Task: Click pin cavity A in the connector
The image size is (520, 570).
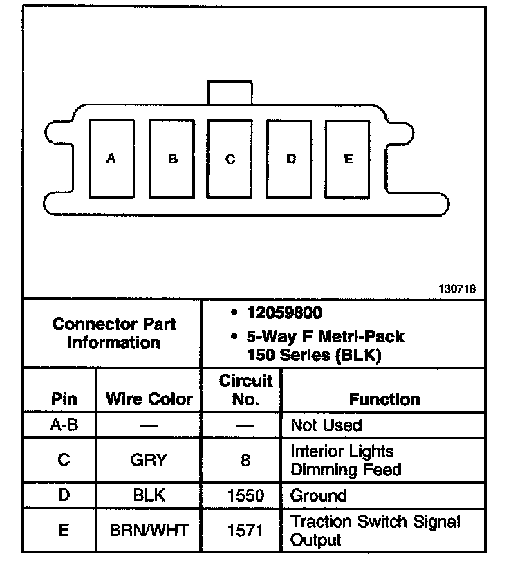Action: click(x=111, y=158)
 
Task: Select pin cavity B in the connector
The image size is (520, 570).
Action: click(x=173, y=158)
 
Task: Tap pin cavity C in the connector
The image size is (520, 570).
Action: click(x=230, y=158)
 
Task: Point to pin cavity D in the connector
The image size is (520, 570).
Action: click(x=291, y=158)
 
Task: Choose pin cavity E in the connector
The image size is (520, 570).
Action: click(x=349, y=158)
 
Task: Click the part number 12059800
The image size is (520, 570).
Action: click(x=284, y=313)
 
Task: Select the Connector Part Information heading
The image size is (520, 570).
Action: click(x=114, y=333)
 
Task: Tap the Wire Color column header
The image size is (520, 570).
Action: click(x=149, y=399)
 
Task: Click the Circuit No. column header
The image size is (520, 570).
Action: click(x=245, y=389)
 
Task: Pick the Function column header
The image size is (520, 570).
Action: click(x=384, y=399)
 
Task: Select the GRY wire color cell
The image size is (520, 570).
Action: click(x=149, y=460)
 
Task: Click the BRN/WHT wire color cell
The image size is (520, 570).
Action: click(x=149, y=531)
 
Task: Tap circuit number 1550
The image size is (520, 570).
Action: click(x=245, y=495)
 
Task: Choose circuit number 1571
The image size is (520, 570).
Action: click(x=245, y=531)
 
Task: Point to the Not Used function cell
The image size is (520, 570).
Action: click(x=326, y=425)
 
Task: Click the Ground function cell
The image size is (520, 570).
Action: click(x=319, y=495)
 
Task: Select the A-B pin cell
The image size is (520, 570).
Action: click(x=64, y=425)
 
